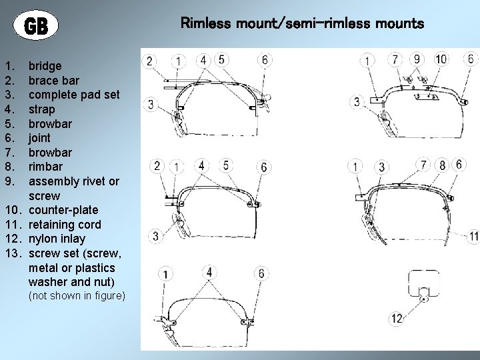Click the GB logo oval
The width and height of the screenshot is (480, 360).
tap(36, 26)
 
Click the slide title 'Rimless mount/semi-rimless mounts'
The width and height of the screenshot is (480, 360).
tap(302, 24)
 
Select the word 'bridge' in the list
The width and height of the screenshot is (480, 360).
tap(45, 66)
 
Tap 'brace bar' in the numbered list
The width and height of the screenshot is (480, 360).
tap(54, 81)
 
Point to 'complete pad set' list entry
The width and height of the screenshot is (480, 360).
tap(74, 95)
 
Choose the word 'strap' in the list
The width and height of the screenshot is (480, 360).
tap(42, 109)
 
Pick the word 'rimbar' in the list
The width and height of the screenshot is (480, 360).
tap(46, 167)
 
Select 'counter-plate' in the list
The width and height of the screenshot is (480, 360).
tap(63, 210)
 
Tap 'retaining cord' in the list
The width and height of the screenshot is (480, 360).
tap(65, 225)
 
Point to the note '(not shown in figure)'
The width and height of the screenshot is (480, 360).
tap(76, 295)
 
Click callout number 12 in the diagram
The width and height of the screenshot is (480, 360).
tap(397, 319)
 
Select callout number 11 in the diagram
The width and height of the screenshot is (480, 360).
tap(473, 236)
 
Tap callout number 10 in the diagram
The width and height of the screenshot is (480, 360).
tap(441, 59)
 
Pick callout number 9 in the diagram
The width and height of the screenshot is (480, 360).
tap(417, 59)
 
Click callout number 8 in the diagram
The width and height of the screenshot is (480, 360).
tap(441, 165)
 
